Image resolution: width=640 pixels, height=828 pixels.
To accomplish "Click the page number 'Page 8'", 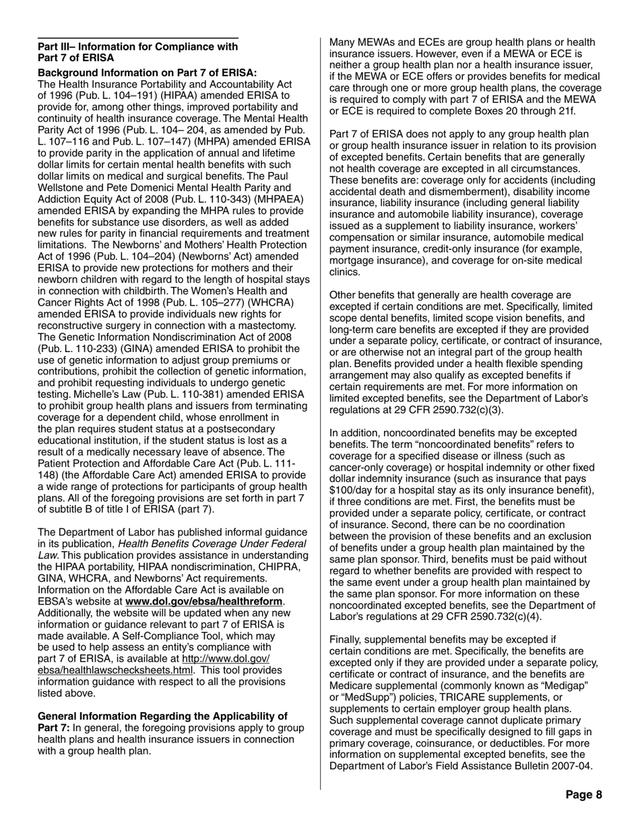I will [583, 795].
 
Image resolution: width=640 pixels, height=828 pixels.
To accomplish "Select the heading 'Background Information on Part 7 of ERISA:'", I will [147, 73].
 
